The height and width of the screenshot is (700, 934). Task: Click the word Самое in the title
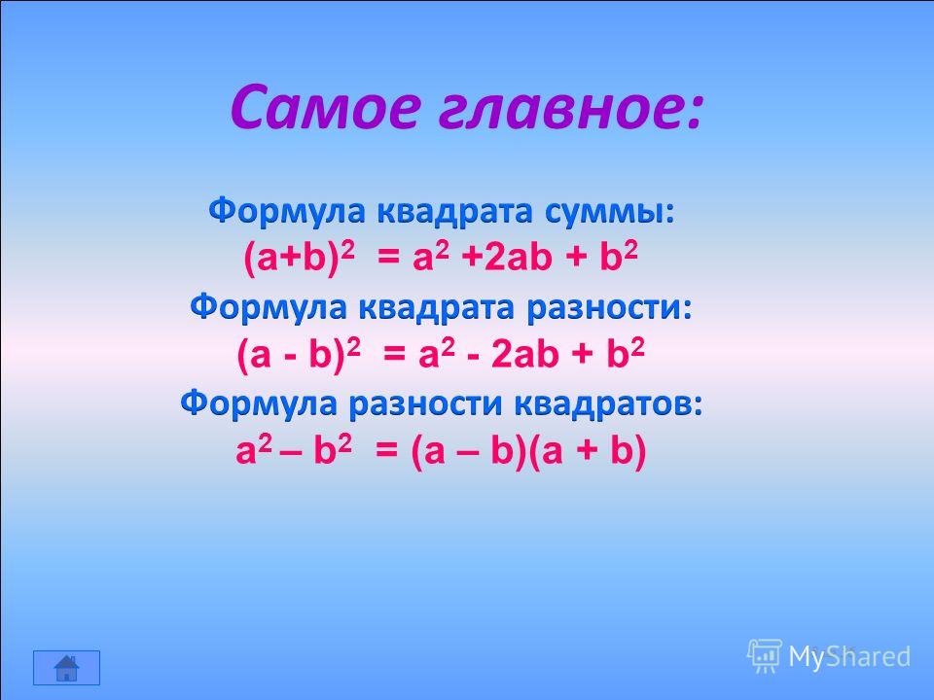[326, 107]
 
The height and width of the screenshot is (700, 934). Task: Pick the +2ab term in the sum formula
[506, 259]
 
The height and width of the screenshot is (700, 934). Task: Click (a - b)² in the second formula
[299, 355]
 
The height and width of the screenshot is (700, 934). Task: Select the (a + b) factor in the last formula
[587, 450]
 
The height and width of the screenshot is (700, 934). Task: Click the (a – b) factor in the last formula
[469, 450]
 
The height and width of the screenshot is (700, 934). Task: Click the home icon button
[66, 668]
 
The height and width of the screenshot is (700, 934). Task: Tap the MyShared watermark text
[849, 656]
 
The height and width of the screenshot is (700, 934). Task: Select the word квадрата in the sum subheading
[453, 212]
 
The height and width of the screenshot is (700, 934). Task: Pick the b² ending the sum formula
[619, 257]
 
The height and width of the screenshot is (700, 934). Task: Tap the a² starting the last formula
[254, 449]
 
